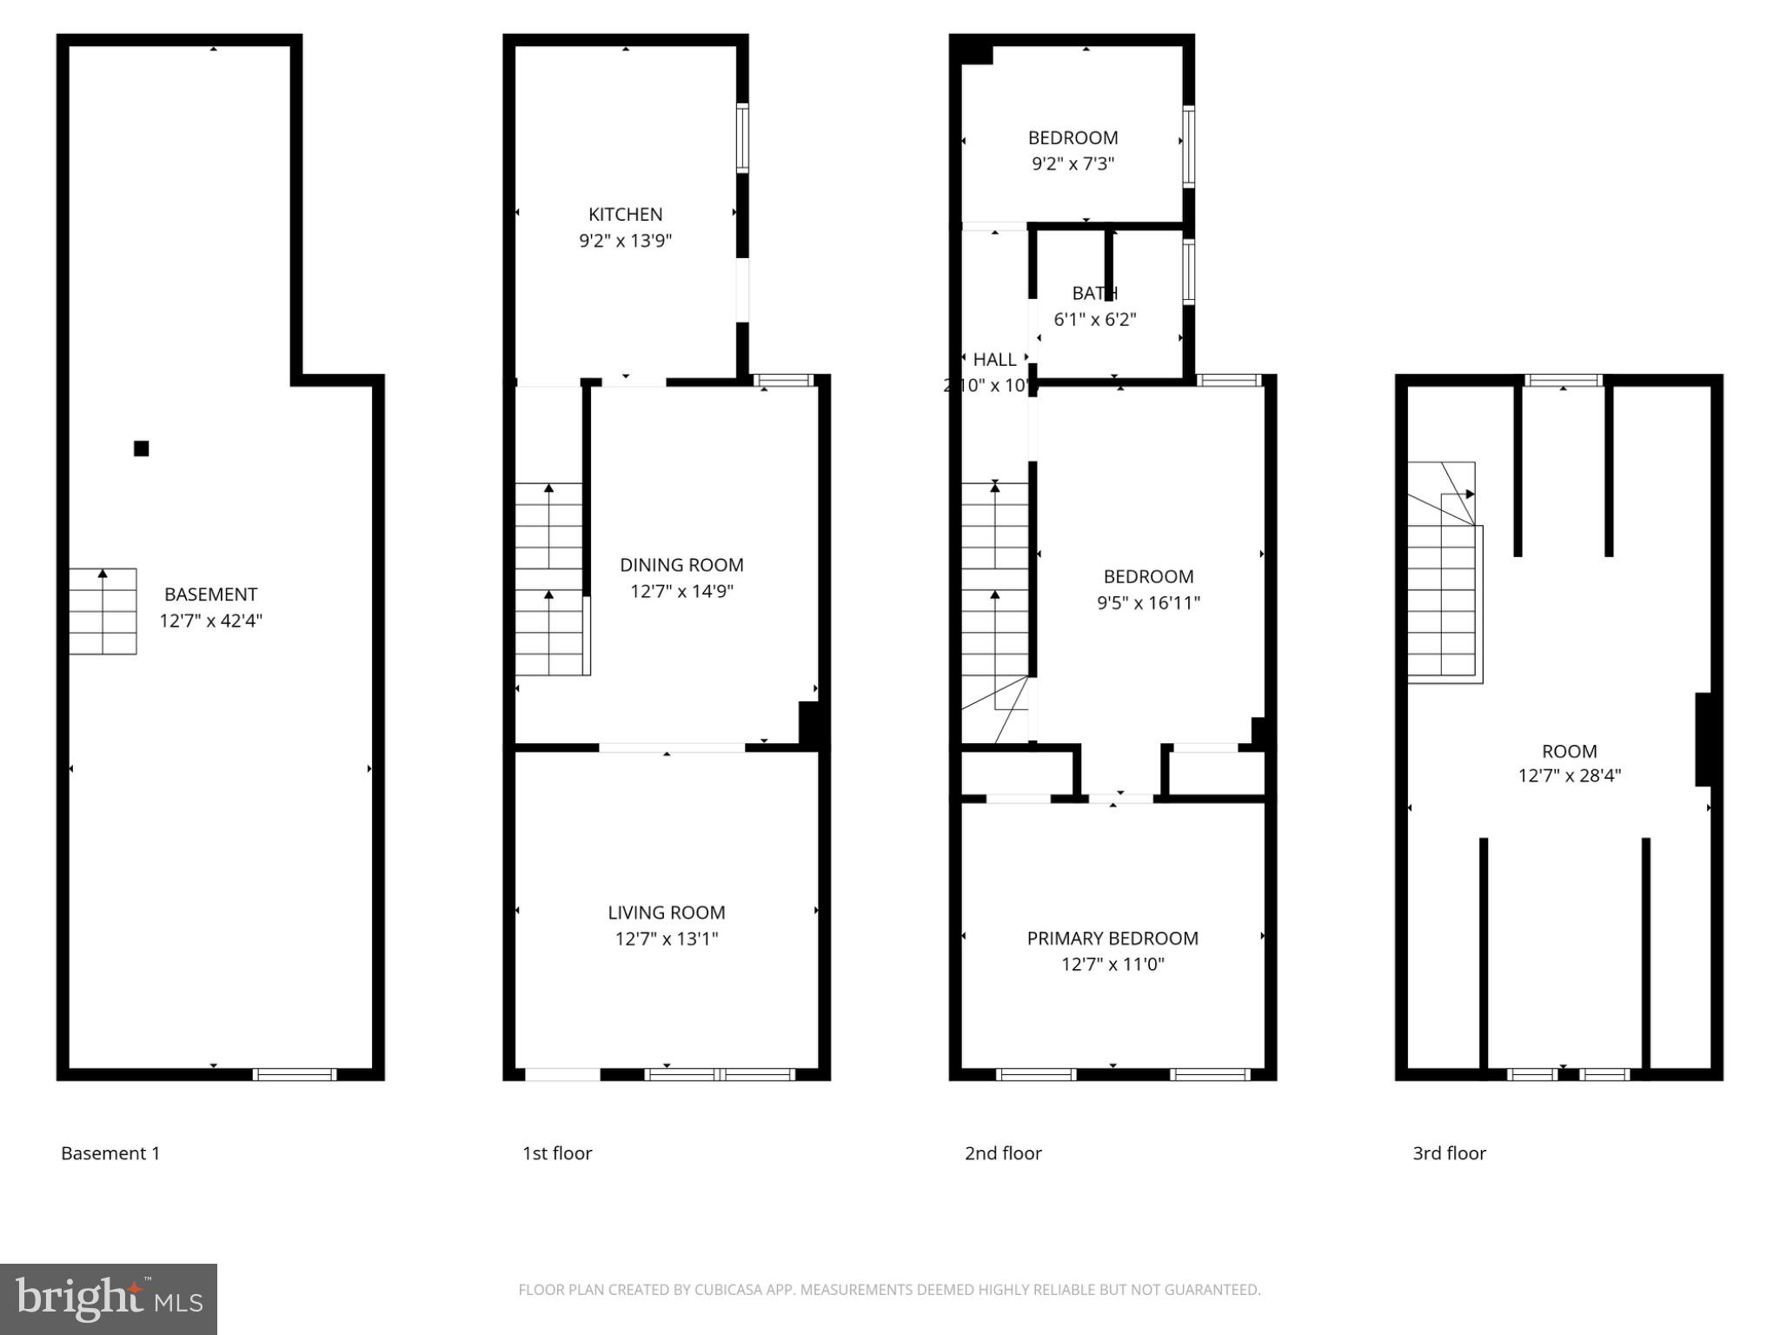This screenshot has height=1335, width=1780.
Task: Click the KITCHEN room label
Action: [625, 215]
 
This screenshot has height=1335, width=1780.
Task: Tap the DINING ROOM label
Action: [681, 565]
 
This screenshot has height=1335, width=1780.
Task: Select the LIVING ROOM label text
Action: [666, 913]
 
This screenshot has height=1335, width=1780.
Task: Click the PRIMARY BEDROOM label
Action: [1112, 939]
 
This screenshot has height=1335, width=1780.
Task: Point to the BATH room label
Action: [1094, 293]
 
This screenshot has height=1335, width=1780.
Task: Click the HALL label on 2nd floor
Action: [994, 360]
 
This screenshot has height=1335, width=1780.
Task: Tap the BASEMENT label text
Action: [211, 594]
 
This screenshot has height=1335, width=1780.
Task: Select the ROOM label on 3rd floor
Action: [1569, 752]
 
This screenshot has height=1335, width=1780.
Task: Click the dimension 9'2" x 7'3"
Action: [1073, 163]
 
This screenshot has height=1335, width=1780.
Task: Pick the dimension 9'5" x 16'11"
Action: [1148, 602]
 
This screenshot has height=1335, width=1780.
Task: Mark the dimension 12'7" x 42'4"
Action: [211, 621]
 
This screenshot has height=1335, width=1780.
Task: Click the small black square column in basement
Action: [141, 448]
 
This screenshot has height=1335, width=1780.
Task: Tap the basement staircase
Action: [103, 611]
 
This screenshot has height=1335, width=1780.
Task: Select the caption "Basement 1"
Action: [110, 1153]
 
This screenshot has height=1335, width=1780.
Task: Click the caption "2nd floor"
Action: [1003, 1153]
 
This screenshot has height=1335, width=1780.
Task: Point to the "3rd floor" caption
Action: [1449, 1153]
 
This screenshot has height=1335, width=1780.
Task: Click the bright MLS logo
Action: [109, 1299]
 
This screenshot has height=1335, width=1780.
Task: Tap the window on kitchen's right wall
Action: [742, 138]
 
